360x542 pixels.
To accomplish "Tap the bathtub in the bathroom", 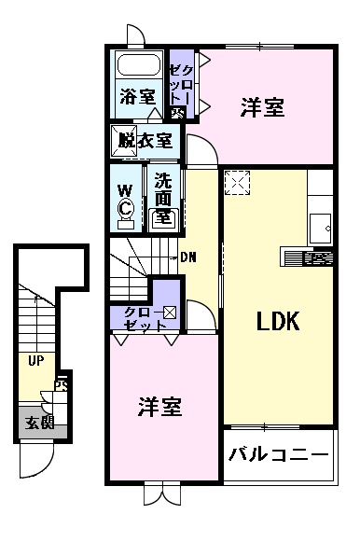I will coord(138,67).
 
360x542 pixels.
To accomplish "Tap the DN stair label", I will coord(187,257).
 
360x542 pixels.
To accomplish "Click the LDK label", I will coord(277,322).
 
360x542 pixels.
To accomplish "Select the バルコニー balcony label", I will coord(279,456).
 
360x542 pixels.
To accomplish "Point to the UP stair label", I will coord(35,360).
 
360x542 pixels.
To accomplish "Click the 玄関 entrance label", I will coord(38,422).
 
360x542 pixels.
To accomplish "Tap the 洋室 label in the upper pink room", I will coord(262,108).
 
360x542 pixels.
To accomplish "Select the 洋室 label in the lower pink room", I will coord(160,407).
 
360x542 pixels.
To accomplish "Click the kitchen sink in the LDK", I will coord(321,223).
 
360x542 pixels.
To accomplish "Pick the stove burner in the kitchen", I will coord(317,257).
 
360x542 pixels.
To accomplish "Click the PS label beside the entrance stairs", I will coord(62,384).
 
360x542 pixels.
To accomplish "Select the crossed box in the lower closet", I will coord(170,313).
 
